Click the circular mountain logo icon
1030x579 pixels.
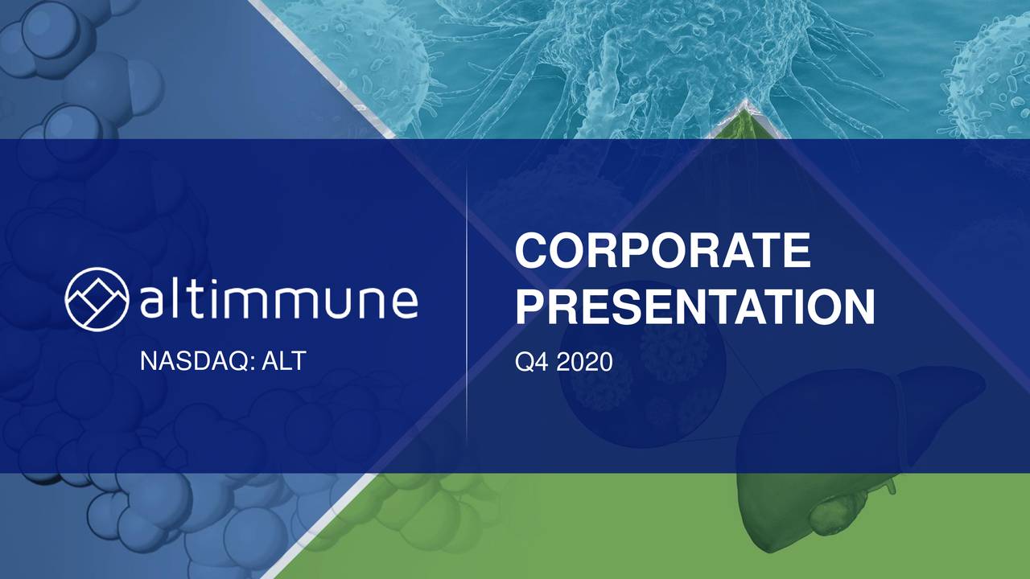click(x=97, y=299)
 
